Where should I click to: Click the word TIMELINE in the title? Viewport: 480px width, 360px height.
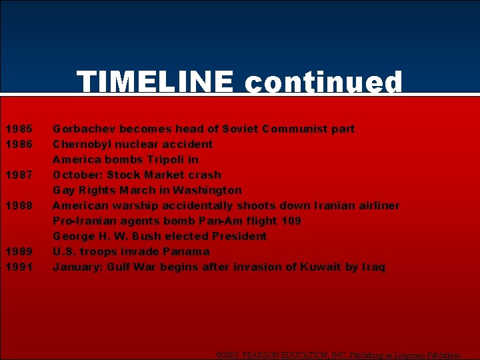tap(155, 83)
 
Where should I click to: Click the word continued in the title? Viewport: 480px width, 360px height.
tap(323, 83)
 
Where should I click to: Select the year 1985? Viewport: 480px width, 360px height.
tap(18, 129)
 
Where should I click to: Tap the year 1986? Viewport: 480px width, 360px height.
tap(18, 144)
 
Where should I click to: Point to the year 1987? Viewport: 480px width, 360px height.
tap(18, 175)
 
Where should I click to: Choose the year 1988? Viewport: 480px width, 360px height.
tap(18, 205)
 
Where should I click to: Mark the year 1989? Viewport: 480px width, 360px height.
tap(18, 251)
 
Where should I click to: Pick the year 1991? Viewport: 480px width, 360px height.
tap(18, 267)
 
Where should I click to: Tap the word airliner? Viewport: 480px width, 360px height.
tap(378, 205)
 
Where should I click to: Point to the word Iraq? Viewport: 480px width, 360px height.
tap(373, 267)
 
